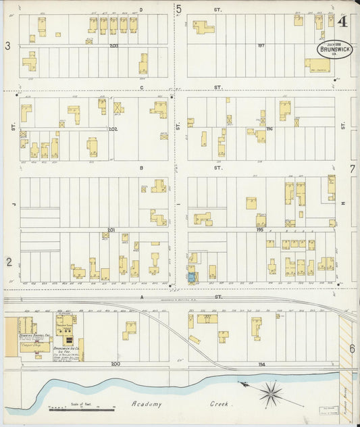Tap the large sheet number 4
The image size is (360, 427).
coord(343,21)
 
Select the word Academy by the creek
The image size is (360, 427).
coord(145,404)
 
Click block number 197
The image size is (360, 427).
coord(261,46)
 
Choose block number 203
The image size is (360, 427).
coord(113,46)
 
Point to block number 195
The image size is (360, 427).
coord(261,230)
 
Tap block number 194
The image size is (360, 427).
coord(261,364)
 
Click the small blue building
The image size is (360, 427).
coord(191,277)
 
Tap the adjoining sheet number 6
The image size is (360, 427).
coord(352,349)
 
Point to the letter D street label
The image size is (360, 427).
coord(140,9)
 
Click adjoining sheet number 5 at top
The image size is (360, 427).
coord(179,9)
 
